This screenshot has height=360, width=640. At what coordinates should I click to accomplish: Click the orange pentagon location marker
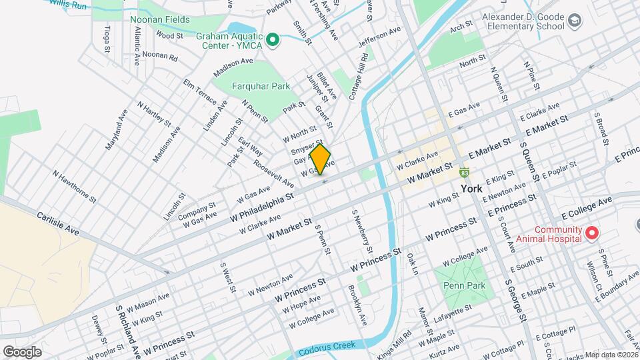click(321, 159)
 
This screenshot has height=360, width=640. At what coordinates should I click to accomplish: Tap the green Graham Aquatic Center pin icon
click(272, 41)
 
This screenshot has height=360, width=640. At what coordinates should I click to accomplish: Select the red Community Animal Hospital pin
click(591, 233)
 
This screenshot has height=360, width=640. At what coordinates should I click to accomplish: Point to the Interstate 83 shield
click(463, 173)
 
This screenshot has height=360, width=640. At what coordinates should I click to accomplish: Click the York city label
click(471, 189)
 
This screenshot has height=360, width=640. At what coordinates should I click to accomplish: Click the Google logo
click(22, 351)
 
